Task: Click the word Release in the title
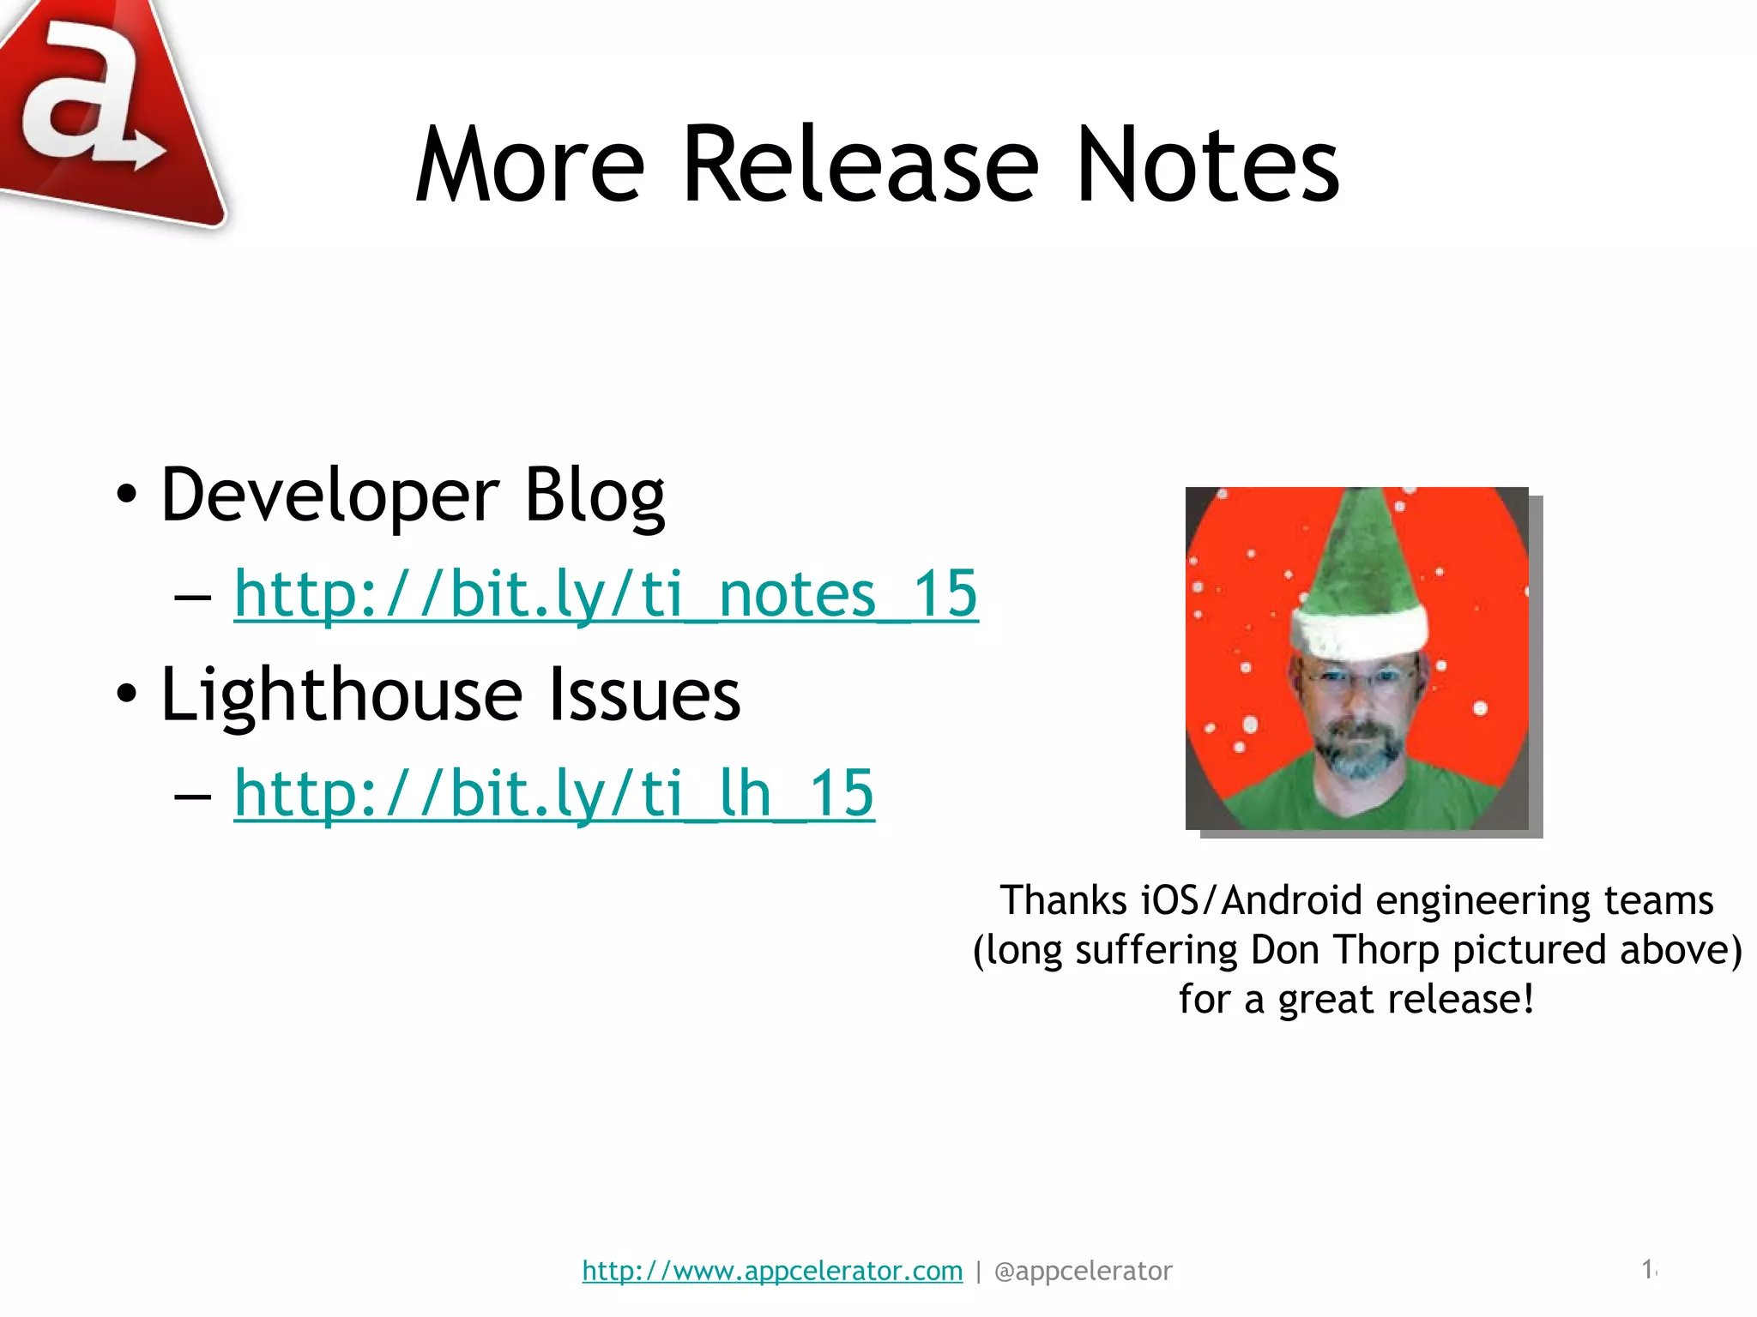click(860, 165)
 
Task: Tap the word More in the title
click(529, 165)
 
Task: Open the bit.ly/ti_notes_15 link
click(606, 593)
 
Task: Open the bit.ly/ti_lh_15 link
click(554, 793)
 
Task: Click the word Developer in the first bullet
click(329, 496)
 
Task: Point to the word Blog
click(594, 496)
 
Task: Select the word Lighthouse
click(341, 695)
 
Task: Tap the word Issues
click(643, 695)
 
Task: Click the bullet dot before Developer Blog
click(126, 496)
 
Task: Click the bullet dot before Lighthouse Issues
click(126, 695)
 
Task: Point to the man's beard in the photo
click(1359, 750)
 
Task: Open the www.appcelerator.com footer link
click(772, 1271)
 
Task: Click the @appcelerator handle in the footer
click(1083, 1271)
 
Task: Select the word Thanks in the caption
click(1063, 900)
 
